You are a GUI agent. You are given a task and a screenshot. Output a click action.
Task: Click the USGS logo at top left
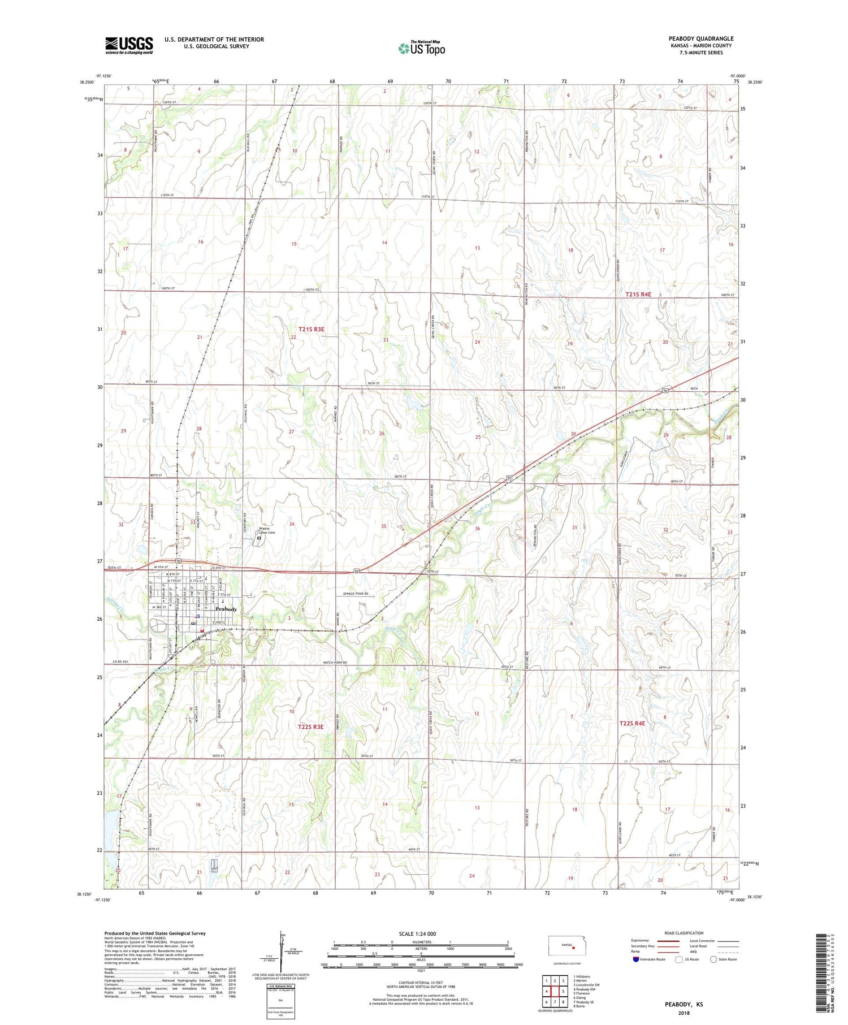129,45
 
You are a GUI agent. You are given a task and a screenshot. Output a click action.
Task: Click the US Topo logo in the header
422,49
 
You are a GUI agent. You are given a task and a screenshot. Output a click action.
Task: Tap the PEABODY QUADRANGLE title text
700,38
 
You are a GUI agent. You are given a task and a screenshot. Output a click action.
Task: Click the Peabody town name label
226,609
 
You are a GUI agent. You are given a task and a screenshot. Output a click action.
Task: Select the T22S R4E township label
632,723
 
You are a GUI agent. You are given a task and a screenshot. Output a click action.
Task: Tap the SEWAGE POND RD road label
356,594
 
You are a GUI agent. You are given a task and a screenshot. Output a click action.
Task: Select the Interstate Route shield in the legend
636,959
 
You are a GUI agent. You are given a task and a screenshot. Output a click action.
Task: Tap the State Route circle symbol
713,959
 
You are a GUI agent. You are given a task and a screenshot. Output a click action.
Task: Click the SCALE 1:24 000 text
417,933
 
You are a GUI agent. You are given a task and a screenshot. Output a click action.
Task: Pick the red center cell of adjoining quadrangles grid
555,991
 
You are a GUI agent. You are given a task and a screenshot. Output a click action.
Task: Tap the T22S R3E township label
310,726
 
